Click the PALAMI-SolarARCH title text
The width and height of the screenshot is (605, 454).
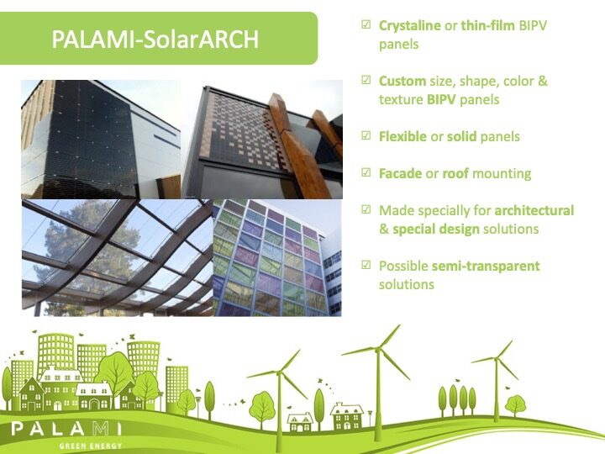click(x=155, y=40)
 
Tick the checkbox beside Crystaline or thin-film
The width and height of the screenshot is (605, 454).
click(x=366, y=24)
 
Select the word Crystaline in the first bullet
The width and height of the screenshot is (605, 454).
click(x=410, y=25)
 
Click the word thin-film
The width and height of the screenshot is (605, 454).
click(x=487, y=25)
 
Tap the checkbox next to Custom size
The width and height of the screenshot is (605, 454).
click(x=366, y=80)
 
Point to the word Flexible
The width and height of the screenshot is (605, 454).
click(x=402, y=136)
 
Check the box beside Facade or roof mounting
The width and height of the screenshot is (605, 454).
click(x=366, y=172)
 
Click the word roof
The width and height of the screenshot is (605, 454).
click(x=455, y=174)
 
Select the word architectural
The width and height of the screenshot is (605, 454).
click(x=534, y=210)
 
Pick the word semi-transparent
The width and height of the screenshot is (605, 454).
click(x=486, y=266)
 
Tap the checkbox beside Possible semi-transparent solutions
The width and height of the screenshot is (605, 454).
click(x=366, y=265)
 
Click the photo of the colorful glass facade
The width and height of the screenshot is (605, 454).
click(x=277, y=258)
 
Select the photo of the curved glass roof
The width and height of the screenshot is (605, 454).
click(x=118, y=258)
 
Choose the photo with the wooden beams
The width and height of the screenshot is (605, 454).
click(x=262, y=140)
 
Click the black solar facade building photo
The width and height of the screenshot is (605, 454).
click(x=101, y=140)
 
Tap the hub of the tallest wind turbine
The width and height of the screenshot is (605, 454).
click(x=378, y=350)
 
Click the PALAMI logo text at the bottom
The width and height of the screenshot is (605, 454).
click(x=66, y=429)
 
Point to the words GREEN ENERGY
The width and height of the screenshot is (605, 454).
click(x=91, y=446)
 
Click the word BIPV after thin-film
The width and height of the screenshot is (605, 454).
click(x=533, y=25)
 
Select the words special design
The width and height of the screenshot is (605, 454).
click(x=436, y=230)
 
